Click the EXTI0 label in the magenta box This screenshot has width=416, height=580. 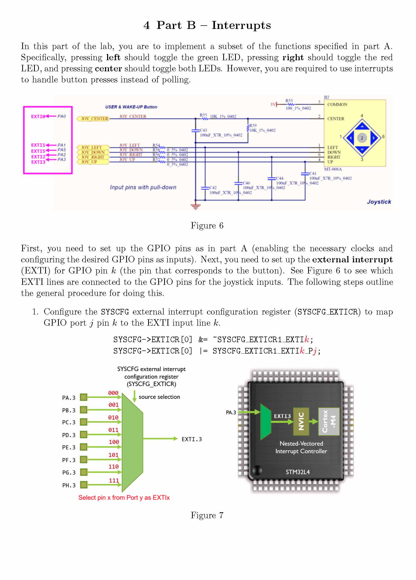[x=38, y=117]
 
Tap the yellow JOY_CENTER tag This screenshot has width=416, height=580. [x=93, y=119]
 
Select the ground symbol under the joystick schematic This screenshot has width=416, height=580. [x=195, y=207]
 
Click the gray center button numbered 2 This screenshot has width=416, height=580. [x=362, y=138]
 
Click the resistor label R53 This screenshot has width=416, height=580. [x=289, y=101]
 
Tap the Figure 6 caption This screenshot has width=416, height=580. [x=207, y=226]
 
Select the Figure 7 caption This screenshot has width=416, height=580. [x=207, y=515]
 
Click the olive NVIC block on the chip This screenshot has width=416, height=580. [x=301, y=422]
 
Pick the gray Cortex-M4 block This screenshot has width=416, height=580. [x=329, y=422]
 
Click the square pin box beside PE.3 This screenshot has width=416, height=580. [x=83, y=447]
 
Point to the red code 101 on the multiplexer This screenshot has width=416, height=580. [x=114, y=455]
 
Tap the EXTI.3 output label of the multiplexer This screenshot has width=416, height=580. [x=191, y=439]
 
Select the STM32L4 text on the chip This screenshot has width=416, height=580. [x=298, y=472]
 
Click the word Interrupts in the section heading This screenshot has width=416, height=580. [x=241, y=25]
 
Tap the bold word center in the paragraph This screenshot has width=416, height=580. [x=108, y=68]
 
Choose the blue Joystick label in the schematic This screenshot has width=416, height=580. [x=379, y=202]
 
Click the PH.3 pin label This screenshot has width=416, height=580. [x=69, y=485]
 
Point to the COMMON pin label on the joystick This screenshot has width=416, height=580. [x=337, y=104]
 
